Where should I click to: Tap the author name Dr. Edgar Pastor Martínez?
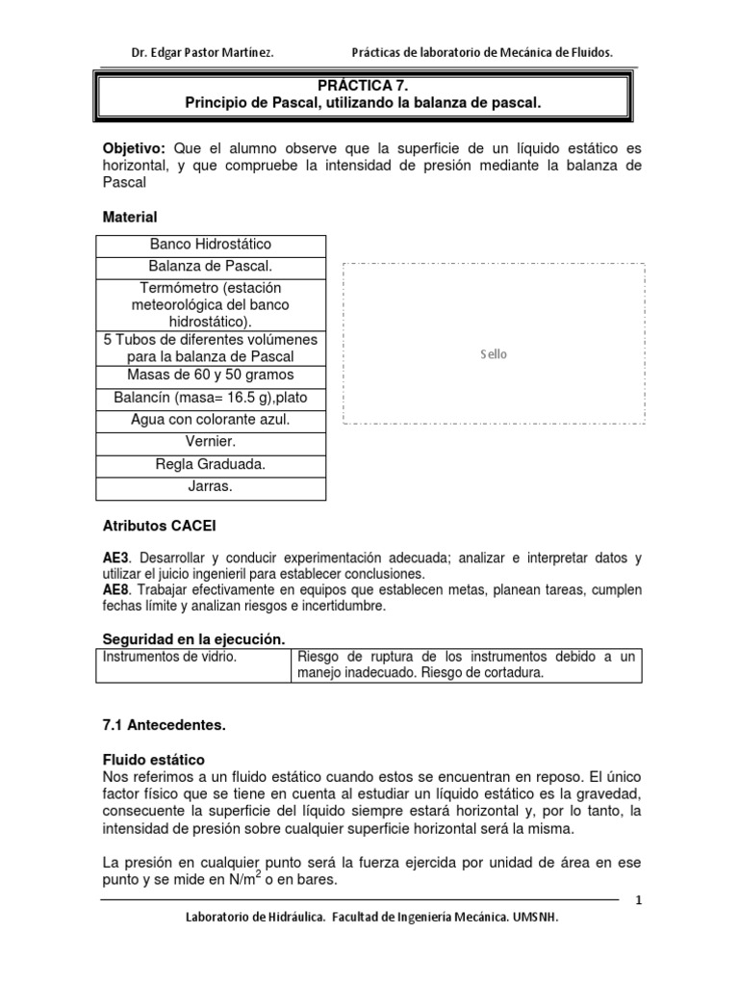(x=202, y=53)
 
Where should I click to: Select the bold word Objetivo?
(x=135, y=148)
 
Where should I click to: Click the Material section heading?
(x=130, y=218)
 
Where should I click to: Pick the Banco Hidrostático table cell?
(x=211, y=245)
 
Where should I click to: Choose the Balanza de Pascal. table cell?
(x=211, y=266)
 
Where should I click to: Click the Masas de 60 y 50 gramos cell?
(x=211, y=375)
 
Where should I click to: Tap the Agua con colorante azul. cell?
(x=211, y=420)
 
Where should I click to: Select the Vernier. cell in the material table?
(x=211, y=442)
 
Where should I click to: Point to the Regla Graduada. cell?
(x=211, y=464)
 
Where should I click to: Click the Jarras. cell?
(x=211, y=487)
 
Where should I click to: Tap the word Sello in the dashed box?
(x=494, y=354)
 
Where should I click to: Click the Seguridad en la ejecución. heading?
(x=194, y=638)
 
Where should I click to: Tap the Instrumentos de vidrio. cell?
(x=169, y=657)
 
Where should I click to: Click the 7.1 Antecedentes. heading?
(x=164, y=723)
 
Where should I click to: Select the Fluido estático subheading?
(x=154, y=760)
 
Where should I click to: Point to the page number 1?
(x=638, y=899)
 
